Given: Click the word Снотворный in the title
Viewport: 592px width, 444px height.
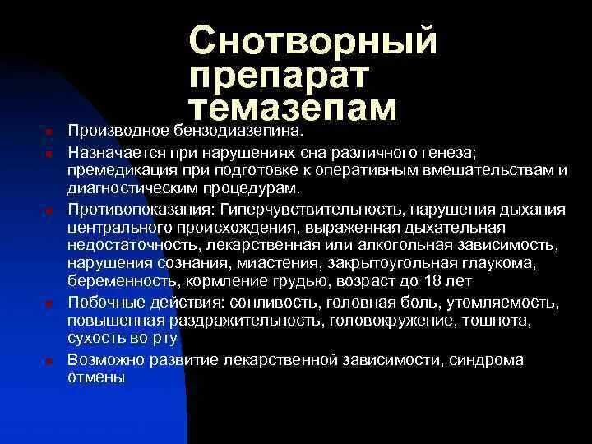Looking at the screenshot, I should tap(313, 40).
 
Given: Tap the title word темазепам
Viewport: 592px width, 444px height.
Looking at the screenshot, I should tap(293, 109).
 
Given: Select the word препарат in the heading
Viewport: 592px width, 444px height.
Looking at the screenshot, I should tap(280, 76).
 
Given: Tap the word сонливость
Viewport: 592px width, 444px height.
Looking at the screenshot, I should tap(266, 303).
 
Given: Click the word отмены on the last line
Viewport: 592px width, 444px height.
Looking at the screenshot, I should tap(96, 377).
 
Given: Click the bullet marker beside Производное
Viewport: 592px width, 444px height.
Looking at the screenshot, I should tap(49, 132).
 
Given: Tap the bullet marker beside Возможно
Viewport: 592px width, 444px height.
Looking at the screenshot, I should tap(49, 361).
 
